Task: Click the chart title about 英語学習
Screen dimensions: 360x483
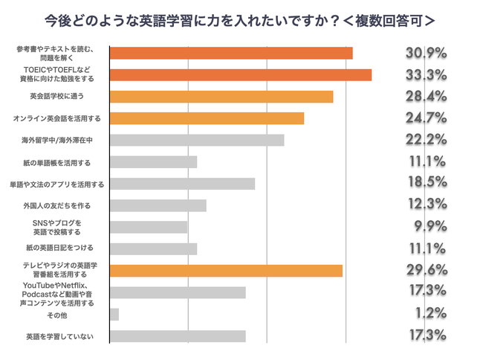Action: point(241,20)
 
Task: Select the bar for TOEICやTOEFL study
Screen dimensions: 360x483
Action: point(240,74)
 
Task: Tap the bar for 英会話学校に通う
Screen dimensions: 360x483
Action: point(221,96)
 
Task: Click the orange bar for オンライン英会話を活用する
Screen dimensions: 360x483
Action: point(207,118)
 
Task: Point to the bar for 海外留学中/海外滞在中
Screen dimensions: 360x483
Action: point(196,140)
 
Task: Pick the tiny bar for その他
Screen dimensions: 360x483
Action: point(114,314)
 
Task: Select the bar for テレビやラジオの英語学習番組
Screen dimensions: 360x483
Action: point(226,270)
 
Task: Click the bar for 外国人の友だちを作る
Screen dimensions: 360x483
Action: point(158,205)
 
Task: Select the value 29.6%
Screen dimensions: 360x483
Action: point(427,270)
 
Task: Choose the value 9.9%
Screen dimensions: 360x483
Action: point(430,227)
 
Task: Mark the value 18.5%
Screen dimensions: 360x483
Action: point(427,183)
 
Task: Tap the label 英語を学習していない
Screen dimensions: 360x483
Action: point(59,337)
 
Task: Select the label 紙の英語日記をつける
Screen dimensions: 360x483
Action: point(60,248)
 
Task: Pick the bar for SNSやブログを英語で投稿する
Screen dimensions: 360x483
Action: point(148,227)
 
